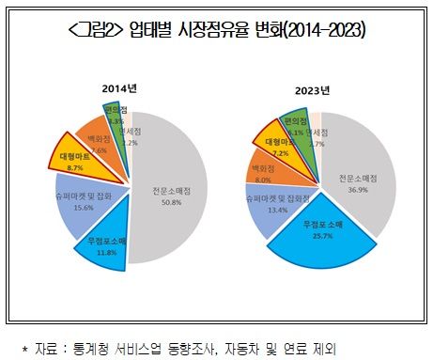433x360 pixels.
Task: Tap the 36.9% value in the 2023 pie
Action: (359, 189)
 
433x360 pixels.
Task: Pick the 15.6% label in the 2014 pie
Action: (83, 208)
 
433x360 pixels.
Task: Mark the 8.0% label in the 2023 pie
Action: (264, 180)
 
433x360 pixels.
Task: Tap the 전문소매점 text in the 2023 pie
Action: (359, 178)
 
